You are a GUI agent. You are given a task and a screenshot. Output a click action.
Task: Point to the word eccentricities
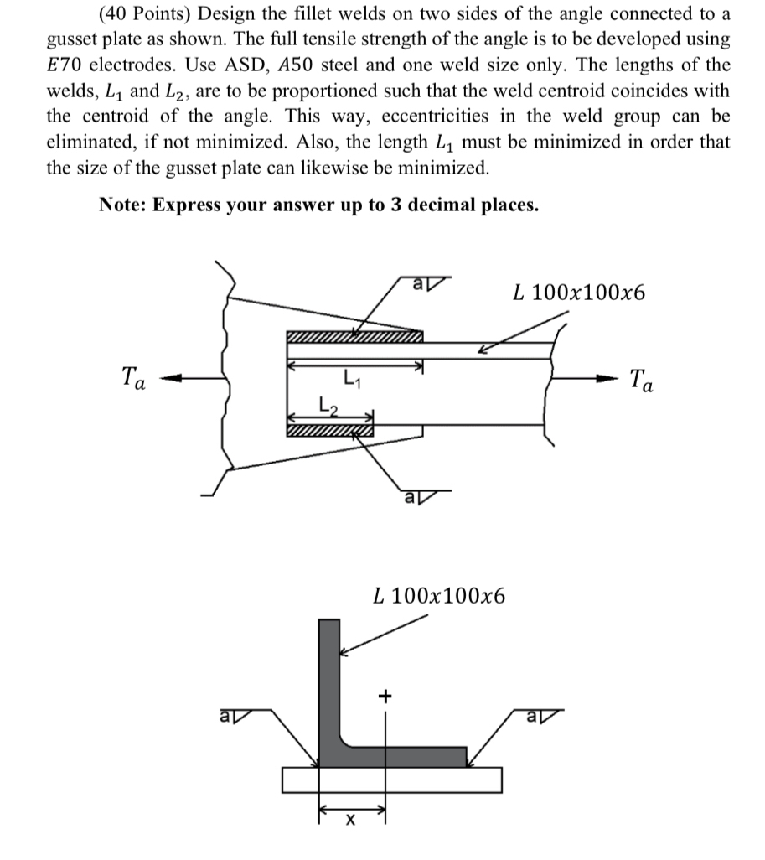click(x=409, y=116)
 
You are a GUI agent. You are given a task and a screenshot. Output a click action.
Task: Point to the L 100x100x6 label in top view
click(x=580, y=293)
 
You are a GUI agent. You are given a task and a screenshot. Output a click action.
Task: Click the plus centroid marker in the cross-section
click(x=385, y=695)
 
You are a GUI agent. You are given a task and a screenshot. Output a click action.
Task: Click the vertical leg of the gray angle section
click(x=329, y=679)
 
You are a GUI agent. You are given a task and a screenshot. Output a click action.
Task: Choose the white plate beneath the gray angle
click(x=392, y=780)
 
